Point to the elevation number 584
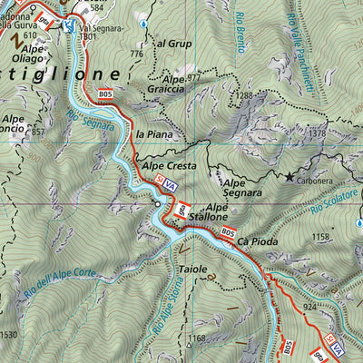point(97,8)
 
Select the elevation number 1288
point(243,94)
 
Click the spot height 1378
point(316,134)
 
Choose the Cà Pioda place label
point(258,241)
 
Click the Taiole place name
point(193,270)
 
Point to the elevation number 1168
point(197,339)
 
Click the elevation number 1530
point(9,336)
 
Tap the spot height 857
point(38,132)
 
